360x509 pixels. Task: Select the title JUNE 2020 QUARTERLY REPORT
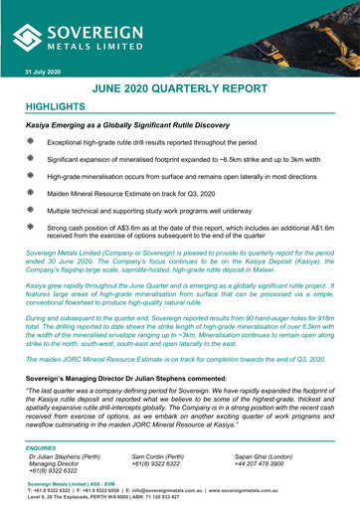[x=195, y=90]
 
